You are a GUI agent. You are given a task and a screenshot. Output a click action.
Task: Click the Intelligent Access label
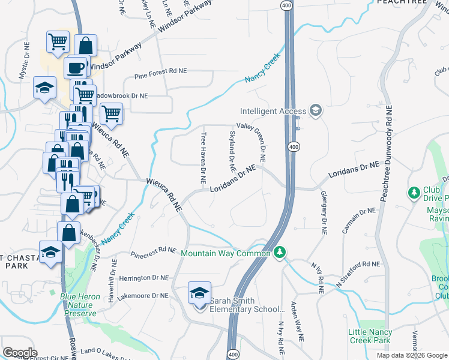273,111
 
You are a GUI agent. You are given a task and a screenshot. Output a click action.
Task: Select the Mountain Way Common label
225,253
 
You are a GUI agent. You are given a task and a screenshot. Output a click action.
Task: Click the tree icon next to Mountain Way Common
279,253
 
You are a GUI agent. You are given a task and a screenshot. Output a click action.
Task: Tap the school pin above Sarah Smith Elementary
199,293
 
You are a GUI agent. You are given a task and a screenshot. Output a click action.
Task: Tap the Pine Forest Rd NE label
161,70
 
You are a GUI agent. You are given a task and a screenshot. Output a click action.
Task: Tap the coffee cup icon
76,67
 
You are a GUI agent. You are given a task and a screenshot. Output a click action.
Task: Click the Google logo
20,353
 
